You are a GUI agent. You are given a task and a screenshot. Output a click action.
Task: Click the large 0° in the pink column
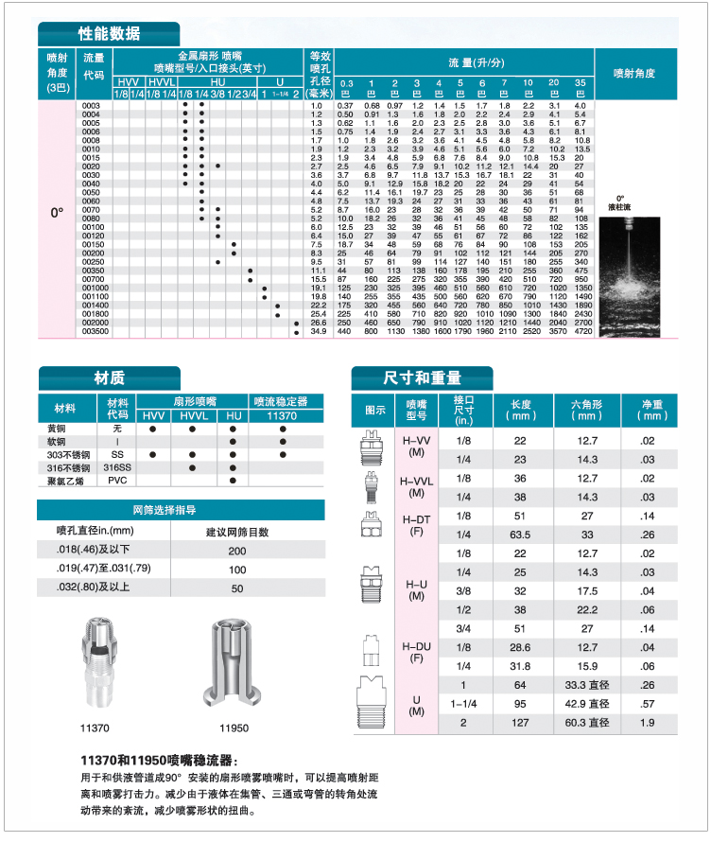pos(57,212)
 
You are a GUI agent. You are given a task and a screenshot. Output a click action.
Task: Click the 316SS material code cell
pos(117,467)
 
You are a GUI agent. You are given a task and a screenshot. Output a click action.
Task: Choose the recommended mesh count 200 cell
pos(236,550)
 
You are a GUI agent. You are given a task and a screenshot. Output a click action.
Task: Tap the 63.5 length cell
pos(520,534)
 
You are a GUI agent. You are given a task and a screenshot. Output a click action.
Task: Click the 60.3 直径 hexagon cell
pos(586,724)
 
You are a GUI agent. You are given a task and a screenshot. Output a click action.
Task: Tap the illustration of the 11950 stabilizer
pos(232,664)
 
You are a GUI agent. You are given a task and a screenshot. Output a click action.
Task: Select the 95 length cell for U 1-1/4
pos(520,704)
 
